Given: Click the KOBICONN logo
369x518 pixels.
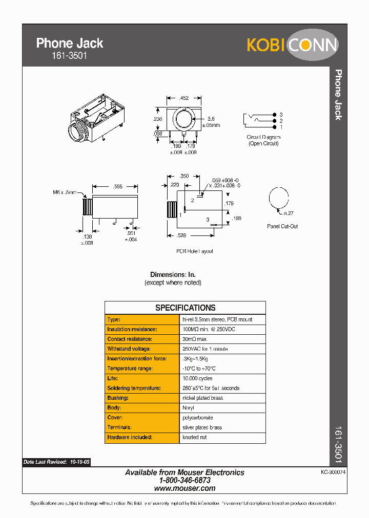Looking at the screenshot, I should pos(292,45).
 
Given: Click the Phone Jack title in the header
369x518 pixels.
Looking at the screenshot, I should pos(70,44).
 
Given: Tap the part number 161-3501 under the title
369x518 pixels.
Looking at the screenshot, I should pos(61,56).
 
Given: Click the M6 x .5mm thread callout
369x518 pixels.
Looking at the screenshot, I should pos(64,193).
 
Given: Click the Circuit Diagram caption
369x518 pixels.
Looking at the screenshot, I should pos(263,137).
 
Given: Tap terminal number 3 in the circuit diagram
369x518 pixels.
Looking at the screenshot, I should pos(281,115).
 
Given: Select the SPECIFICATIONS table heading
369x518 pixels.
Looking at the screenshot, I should pos(185,308).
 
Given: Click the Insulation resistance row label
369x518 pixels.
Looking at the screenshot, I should pos(132,329).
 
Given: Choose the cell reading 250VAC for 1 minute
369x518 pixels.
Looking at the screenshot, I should pos(205,349).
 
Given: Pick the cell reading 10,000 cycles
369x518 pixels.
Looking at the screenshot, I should pos(197,379).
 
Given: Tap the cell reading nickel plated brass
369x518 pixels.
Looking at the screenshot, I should pos(202,398).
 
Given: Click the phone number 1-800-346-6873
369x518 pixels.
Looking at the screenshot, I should pos(184,481).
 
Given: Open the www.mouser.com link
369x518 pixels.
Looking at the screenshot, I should pos(184,489).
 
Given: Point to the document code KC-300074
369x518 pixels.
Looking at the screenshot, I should pos(333,473).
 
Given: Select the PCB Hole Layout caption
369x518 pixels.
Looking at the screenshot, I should pos(195,251).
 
